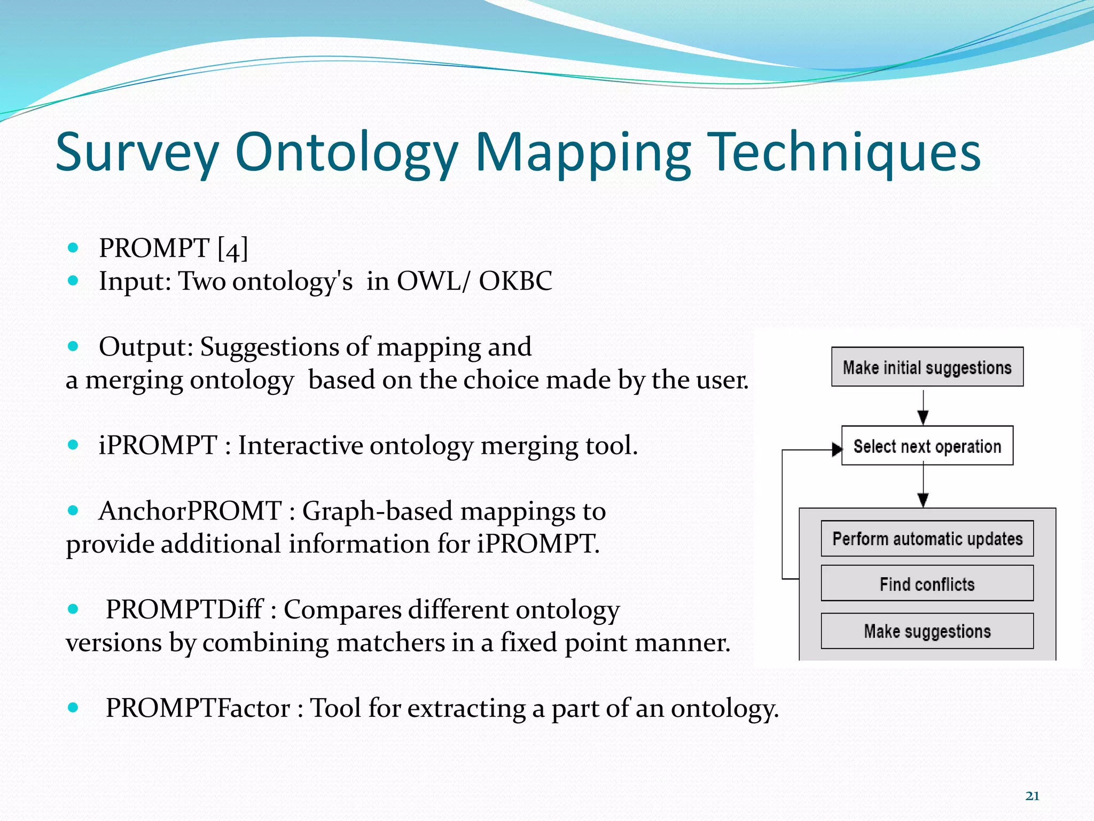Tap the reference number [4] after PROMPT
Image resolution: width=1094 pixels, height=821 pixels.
[x=233, y=249]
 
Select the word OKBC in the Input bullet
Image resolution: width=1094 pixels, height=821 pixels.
[x=515, y=281]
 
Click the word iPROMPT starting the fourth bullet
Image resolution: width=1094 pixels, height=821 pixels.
[x=158, y=445]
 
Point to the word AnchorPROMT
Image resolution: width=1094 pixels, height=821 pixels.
[x=190, y=511]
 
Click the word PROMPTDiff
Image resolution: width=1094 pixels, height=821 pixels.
[x=184, y=609]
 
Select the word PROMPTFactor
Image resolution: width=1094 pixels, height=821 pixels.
[x=198, y=708]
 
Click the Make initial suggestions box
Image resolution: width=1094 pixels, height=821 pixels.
[x=927, y=367]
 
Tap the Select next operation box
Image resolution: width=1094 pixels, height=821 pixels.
[x=927, y=446]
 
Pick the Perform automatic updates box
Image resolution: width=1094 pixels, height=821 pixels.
[x=927, y=539]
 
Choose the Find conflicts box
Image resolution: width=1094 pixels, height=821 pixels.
[x=927, y=584]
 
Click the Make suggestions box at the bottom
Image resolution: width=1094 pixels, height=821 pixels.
[x=927, y=631]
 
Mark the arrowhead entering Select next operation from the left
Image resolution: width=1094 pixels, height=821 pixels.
[x=837, y=450]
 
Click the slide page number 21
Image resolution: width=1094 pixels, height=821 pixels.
[x=1032, y=796]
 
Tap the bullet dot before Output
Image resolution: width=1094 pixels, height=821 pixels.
[x=73, y=346]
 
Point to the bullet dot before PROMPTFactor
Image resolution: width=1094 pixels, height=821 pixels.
[x=73, y=708]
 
